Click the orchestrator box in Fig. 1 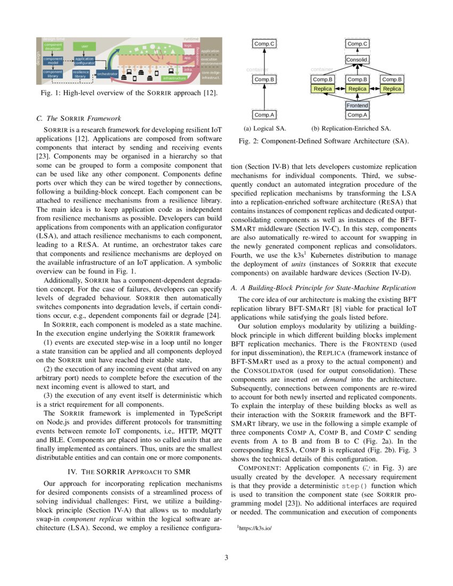click(107, 74)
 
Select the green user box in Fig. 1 click(84, 46)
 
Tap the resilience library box click(80, 74)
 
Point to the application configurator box click(84, 61)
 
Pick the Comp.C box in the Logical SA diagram click(264, 44)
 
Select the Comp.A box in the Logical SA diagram click(264, 115)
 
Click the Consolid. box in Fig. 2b click(358, 60)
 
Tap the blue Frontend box click(358, 105)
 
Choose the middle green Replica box click(358, 88)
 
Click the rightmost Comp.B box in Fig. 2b click(392, 79)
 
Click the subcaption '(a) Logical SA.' click(264, 128)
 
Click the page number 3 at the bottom click(226, 558)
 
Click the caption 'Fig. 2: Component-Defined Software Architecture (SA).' click(323, 141)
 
